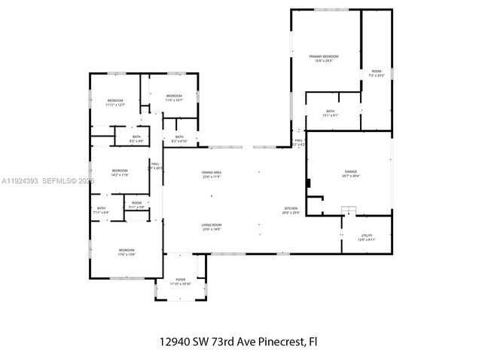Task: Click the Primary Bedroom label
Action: [324, 57]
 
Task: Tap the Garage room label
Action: [351, 173]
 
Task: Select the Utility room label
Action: [366, 236]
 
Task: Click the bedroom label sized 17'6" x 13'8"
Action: [126, 250]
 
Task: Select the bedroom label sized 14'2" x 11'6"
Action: [120, 171]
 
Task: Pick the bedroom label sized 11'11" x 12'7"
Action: [114, 101]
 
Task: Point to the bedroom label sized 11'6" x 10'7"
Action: [174, 96]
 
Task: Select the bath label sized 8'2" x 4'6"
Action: [136, 137]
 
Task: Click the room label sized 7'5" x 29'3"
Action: [376, 72]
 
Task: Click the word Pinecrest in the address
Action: [278, 341]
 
